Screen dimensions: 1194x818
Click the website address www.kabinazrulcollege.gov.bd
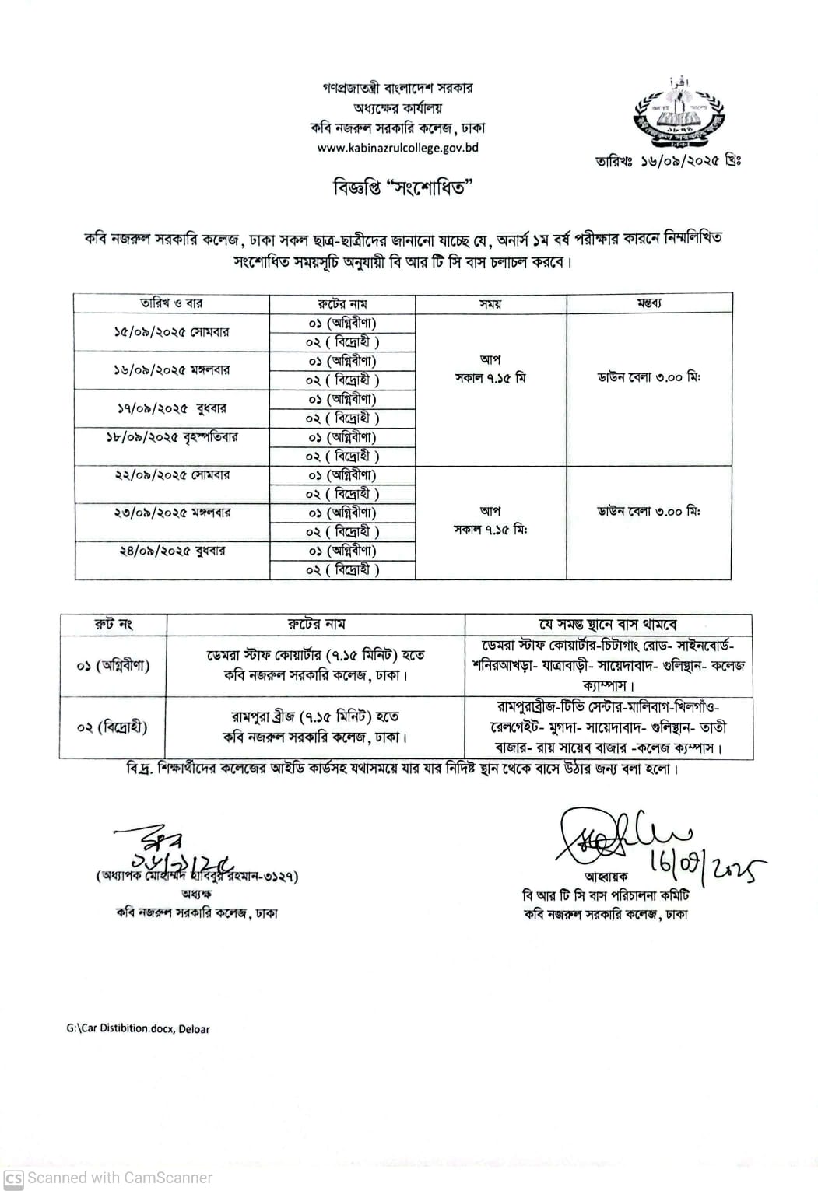397,148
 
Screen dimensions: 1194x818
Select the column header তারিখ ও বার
171,303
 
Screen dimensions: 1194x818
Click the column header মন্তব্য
648,303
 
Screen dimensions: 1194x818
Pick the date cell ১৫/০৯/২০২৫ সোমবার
171,332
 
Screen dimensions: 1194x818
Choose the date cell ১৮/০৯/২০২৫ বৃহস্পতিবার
171,437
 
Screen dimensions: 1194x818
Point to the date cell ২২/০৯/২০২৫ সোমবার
171,474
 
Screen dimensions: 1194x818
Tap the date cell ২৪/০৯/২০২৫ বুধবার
171,551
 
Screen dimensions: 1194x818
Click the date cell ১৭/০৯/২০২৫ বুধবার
171,408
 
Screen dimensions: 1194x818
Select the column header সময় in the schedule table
490,304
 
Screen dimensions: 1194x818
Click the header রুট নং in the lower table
114,624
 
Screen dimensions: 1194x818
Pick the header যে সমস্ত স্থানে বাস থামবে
609,625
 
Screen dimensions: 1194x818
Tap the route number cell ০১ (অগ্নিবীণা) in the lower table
114,665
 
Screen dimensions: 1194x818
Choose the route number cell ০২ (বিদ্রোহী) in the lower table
114,727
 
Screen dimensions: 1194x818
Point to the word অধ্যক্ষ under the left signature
196,895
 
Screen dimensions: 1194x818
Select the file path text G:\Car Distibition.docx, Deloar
138,1028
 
